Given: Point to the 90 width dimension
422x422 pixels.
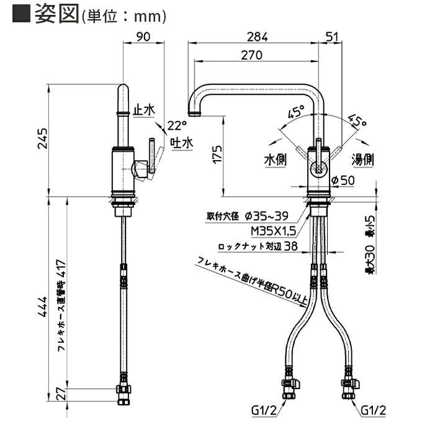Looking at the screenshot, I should [x=143, y=37].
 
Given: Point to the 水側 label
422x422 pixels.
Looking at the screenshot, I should [x=276, y=159].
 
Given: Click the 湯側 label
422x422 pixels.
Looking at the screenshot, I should [x=362, y=159].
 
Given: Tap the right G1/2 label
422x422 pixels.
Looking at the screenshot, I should [x=373, y=410].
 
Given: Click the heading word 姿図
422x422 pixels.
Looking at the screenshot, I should [x=55, y=14].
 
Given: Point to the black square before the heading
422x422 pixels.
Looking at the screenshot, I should [x=21, y=14].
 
